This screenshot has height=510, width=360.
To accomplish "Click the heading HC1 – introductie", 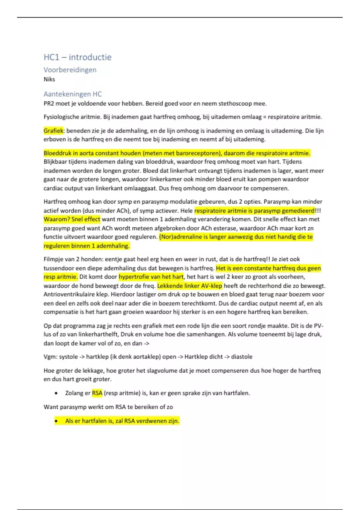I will click(77, 57).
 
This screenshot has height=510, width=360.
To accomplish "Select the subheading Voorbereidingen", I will click(70, 70).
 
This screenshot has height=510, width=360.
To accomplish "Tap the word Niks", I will click(49, 79).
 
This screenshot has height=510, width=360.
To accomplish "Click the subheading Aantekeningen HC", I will click(73, 94).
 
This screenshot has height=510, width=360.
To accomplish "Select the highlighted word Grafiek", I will click(53, 131).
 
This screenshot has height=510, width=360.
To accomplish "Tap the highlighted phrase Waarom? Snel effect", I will click(72, 219).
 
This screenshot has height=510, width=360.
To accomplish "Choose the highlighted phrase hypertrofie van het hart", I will click(151, 277).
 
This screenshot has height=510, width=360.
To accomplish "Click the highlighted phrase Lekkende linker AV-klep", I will click(190, 286).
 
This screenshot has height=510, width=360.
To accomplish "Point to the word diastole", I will click(241, 357).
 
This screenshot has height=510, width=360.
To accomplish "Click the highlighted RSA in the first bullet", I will click(97, 393).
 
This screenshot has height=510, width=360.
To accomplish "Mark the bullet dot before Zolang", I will click(56, 393).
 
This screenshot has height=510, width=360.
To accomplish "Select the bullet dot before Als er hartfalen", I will click(56, 421).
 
